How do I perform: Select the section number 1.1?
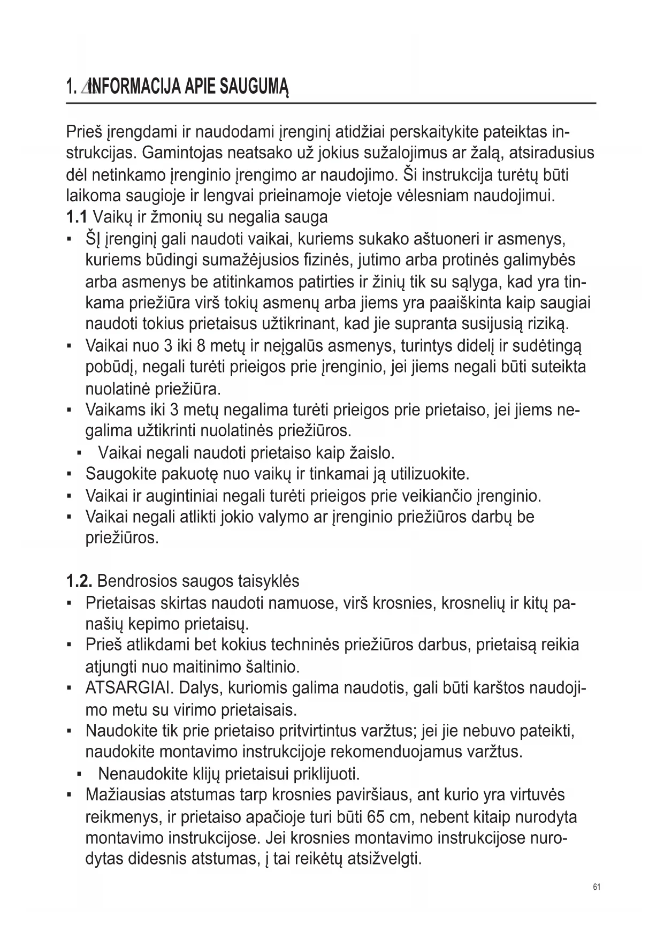point(77,217)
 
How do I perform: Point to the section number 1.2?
point(80,581)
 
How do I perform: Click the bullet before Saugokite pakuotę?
point(70,474)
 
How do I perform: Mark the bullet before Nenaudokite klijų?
point(79,775)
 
